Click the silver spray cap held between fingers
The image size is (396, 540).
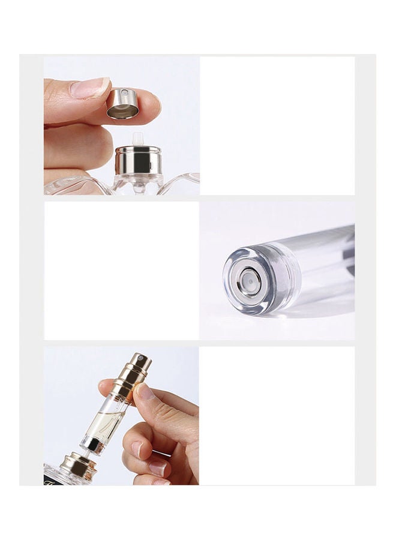click(x=122, y=103)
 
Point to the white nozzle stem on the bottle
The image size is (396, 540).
click(x=138, y=138)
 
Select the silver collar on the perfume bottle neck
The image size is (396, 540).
click(x=139, y=160)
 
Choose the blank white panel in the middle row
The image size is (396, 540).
click(x=121, y=270)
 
